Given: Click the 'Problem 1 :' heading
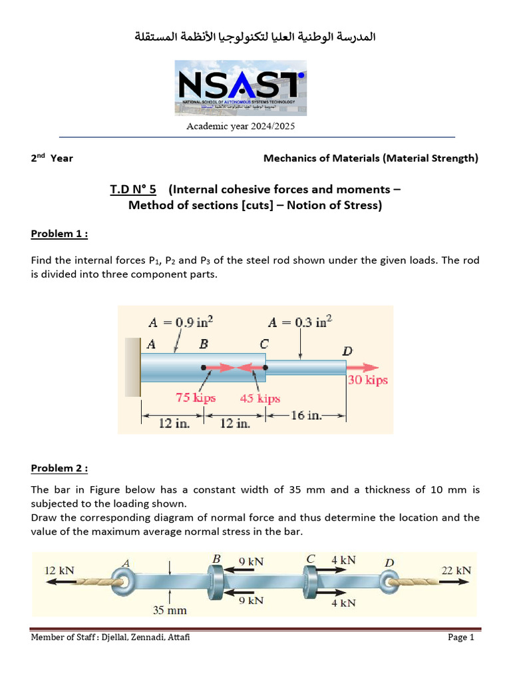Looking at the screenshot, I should coord(59,234).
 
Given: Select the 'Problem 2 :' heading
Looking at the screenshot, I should coord(59,468).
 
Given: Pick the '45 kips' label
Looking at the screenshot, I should coord(260,399).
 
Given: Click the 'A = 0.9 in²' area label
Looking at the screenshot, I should coord(180,322).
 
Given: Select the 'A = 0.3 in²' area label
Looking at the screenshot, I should coord(300,322).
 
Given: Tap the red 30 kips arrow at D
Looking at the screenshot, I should coord(363,367).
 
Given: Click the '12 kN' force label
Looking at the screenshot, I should coord(59,571).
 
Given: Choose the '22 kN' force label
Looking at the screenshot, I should coord(456,571).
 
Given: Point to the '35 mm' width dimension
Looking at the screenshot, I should coord(171,610).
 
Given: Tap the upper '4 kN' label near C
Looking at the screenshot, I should coord(343,561).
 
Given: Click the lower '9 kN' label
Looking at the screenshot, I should coord(251,601).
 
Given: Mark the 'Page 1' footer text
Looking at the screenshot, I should coord(461,638).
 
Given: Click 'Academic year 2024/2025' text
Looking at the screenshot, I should coord(240,126).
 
